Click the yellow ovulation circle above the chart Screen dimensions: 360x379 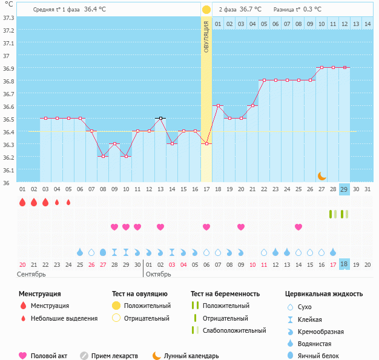point(206,10)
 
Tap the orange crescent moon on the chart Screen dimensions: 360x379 point(322,175)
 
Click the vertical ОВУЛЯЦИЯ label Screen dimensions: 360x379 point(206,37)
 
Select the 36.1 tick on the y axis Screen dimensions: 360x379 point(9,171)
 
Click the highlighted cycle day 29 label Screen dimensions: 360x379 point(344,189)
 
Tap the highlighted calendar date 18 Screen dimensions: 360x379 point(344,264)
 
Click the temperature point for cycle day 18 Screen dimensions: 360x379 point(218,105)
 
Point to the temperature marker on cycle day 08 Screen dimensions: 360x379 point(103,156)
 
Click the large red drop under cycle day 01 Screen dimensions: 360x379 point(22,202)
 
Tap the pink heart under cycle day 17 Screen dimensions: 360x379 point(206,227)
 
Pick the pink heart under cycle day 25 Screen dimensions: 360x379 point(298,227)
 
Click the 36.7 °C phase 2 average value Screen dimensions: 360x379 point(250,10)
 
